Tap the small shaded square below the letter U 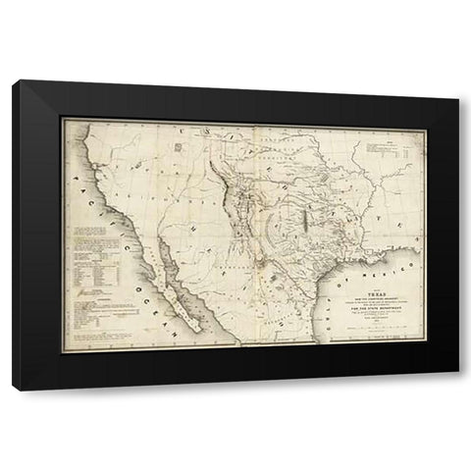pos(178,147)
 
